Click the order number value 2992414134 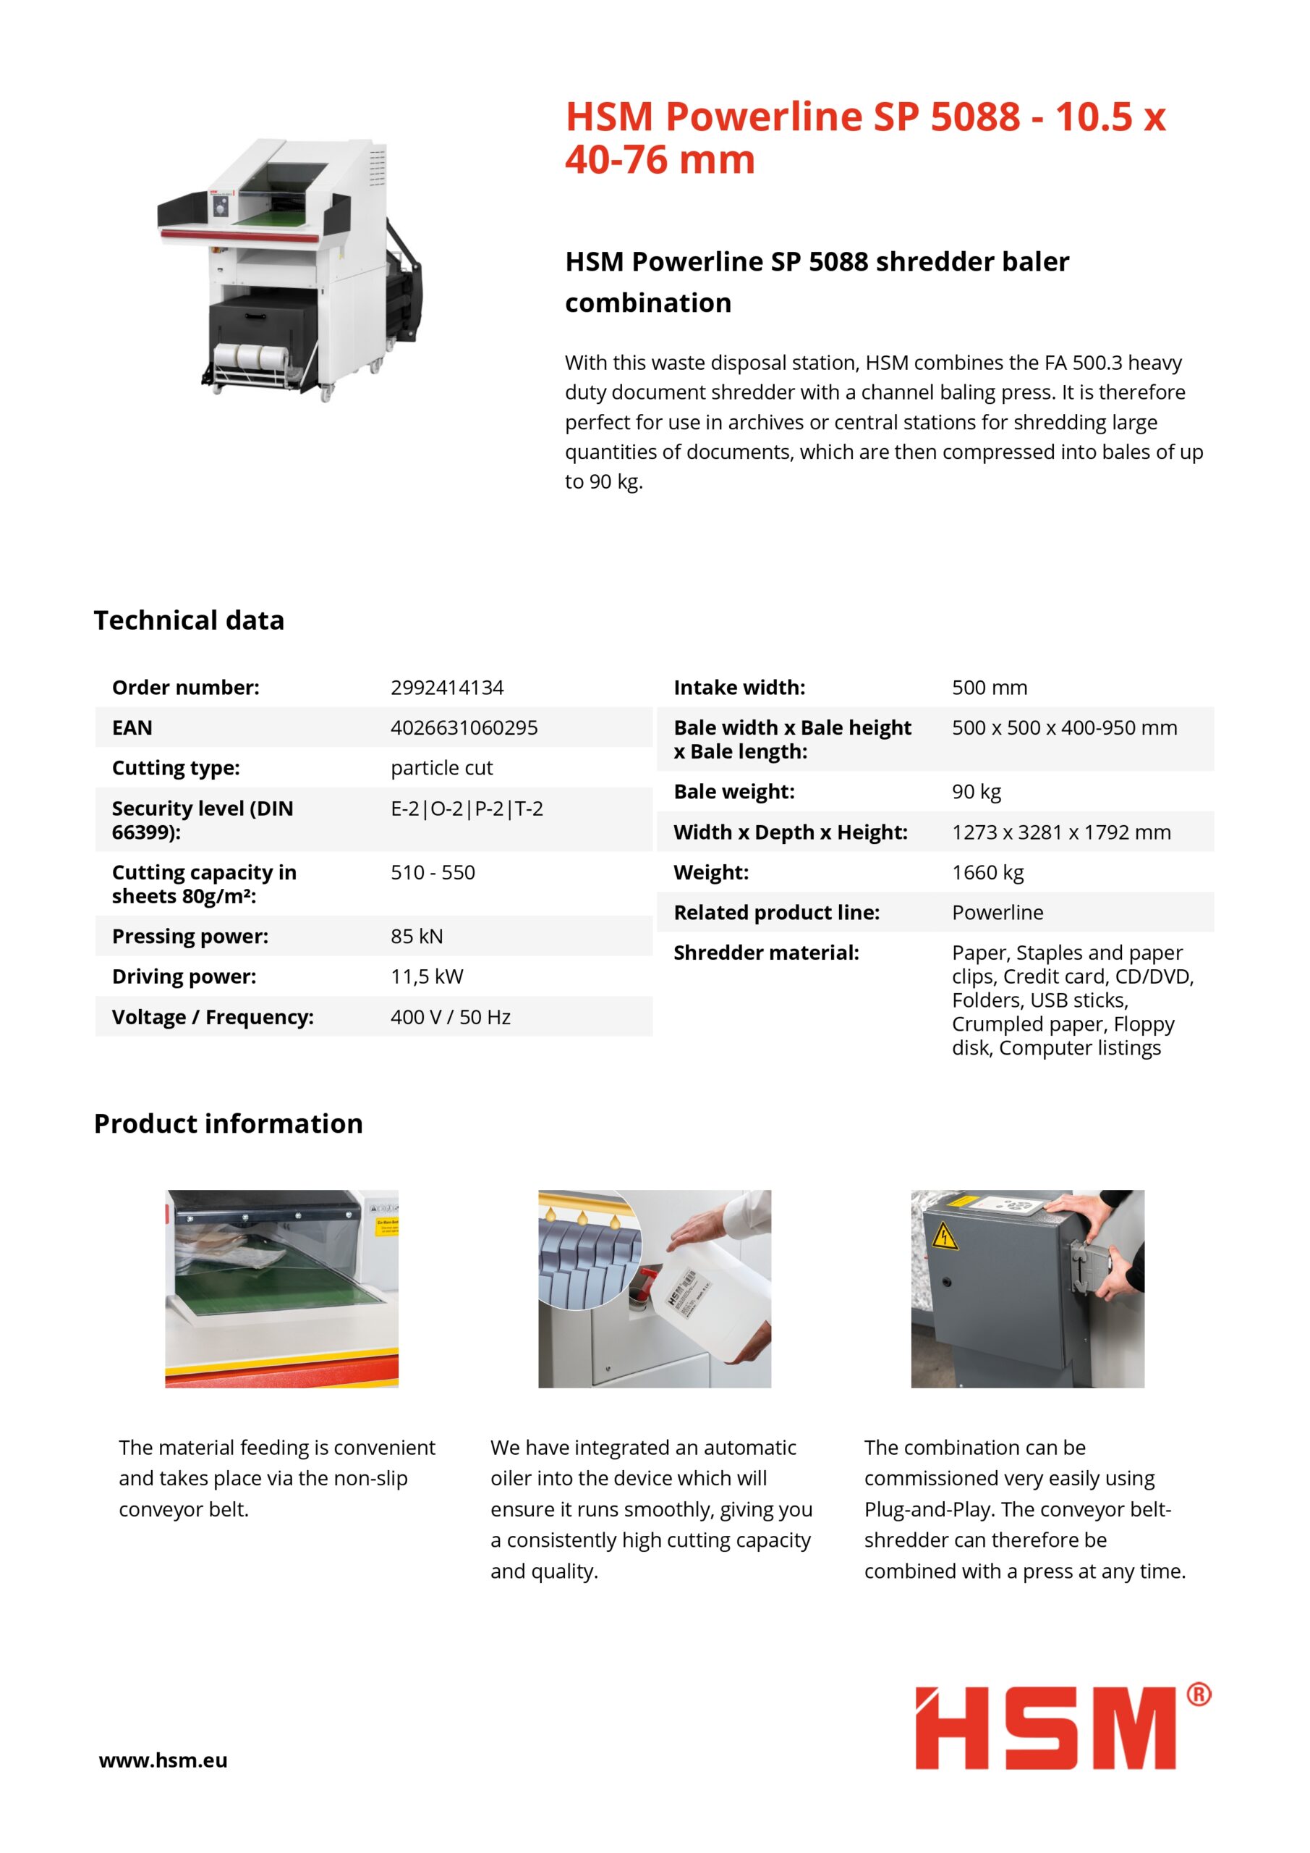click(447, 688)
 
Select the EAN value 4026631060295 click(464, 728)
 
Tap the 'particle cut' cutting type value click(441, 768)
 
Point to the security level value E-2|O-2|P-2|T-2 click(467, 809)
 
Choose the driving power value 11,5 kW click(427, 977)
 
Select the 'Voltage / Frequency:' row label click(212, 1018)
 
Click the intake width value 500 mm click(989, 688)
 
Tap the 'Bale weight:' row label click(733, 793)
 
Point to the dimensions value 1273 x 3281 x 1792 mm click(1060, 833)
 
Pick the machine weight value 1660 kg click(987, 873)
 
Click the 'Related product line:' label click(776, 913)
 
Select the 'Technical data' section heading click(189, 620)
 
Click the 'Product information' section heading click(229, 1124)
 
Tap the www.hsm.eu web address click(163, 1761)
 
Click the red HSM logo click(1045, 1729)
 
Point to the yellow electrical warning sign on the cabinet click(945, 1236)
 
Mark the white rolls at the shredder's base click(251, 357)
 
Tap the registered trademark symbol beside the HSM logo click(1199, 1694)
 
